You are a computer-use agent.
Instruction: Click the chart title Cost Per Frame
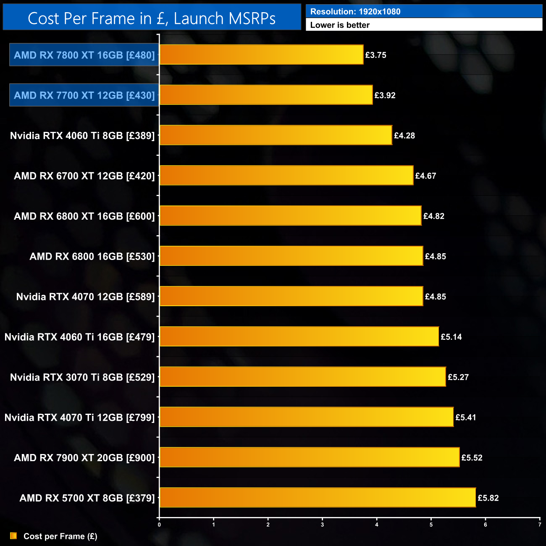tap(152, 18)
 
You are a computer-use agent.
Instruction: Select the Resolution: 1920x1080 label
tap(355, 12)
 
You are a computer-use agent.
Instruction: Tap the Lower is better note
tap(340, 25)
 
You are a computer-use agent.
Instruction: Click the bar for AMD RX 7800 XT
tap(261, 55)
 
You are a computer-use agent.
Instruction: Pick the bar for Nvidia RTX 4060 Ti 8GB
tap(276, 135)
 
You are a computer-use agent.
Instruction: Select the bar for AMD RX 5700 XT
tap(318, 498)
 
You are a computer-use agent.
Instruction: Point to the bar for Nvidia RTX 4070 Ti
tap(307, 417)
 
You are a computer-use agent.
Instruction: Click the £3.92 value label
tap(385, 95)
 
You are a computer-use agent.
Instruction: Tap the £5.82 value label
tap(488, 498)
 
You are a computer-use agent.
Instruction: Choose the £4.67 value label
tap(425, 176)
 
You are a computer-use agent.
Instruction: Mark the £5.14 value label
tap(451, 337)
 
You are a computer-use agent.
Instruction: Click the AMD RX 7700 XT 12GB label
tap(84, 95)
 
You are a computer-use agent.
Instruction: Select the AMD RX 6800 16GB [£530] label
tap(92, 257)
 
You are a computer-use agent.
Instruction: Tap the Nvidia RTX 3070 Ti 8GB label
tap(82, 377)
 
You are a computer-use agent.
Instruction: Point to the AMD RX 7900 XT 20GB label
tap(84, 458)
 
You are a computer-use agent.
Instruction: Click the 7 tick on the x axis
tap(540, 525)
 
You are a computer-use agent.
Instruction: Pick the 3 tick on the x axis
tap(323, 525)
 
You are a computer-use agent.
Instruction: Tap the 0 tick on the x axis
tap(159, 525)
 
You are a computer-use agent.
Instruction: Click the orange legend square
tap(13, 536)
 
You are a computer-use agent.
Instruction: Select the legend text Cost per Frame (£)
tap(60, 536)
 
